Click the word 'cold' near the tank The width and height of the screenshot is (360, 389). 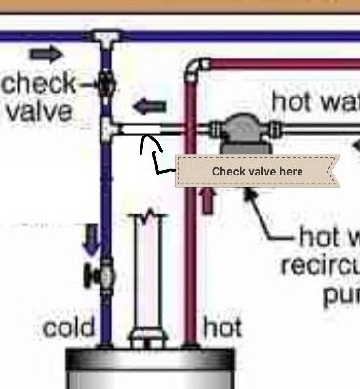click(68, 328)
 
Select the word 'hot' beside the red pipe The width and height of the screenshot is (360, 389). click(221, 328)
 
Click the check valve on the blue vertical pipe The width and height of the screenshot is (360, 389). click(104, 85)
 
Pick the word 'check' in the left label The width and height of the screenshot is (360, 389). click(39, 82)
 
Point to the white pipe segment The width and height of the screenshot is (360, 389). click(137, 128)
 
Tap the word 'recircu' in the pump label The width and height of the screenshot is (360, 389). click(317, 266)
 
